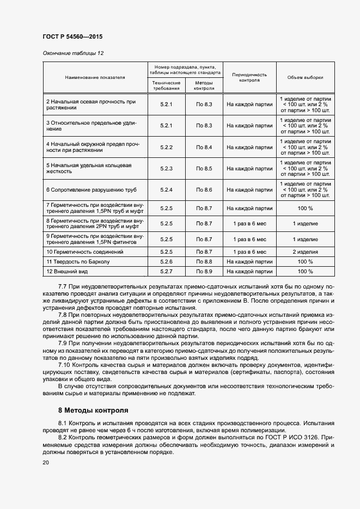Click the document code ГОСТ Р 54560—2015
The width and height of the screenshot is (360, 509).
click(x=72, y=36)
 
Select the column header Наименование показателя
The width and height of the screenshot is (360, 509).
click(x=95, y=77)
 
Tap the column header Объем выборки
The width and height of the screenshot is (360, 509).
click(x=305, y=77)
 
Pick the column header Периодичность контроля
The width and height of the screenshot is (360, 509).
click(x=249, y=77)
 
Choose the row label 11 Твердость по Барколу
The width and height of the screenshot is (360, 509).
click(x=78, y=262)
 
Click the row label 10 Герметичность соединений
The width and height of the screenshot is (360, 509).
click(x=84, y=252)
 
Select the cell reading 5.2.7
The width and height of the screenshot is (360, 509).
click(x=166, y=271)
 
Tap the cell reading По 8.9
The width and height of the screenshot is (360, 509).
click(x=204, y=271)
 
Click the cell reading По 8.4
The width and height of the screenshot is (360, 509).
click(x=204, y=148)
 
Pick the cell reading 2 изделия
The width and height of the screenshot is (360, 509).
click(x=305, y=252)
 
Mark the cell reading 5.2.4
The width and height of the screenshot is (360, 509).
click(x=166, y=189)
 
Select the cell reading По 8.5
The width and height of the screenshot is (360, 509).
click(x=204, y=169)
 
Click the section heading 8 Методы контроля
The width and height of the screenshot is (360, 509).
click(x=93, y=410)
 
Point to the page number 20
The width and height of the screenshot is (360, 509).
click(x=46, y=462)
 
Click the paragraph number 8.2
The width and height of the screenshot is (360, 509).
click(x=64, y=437)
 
